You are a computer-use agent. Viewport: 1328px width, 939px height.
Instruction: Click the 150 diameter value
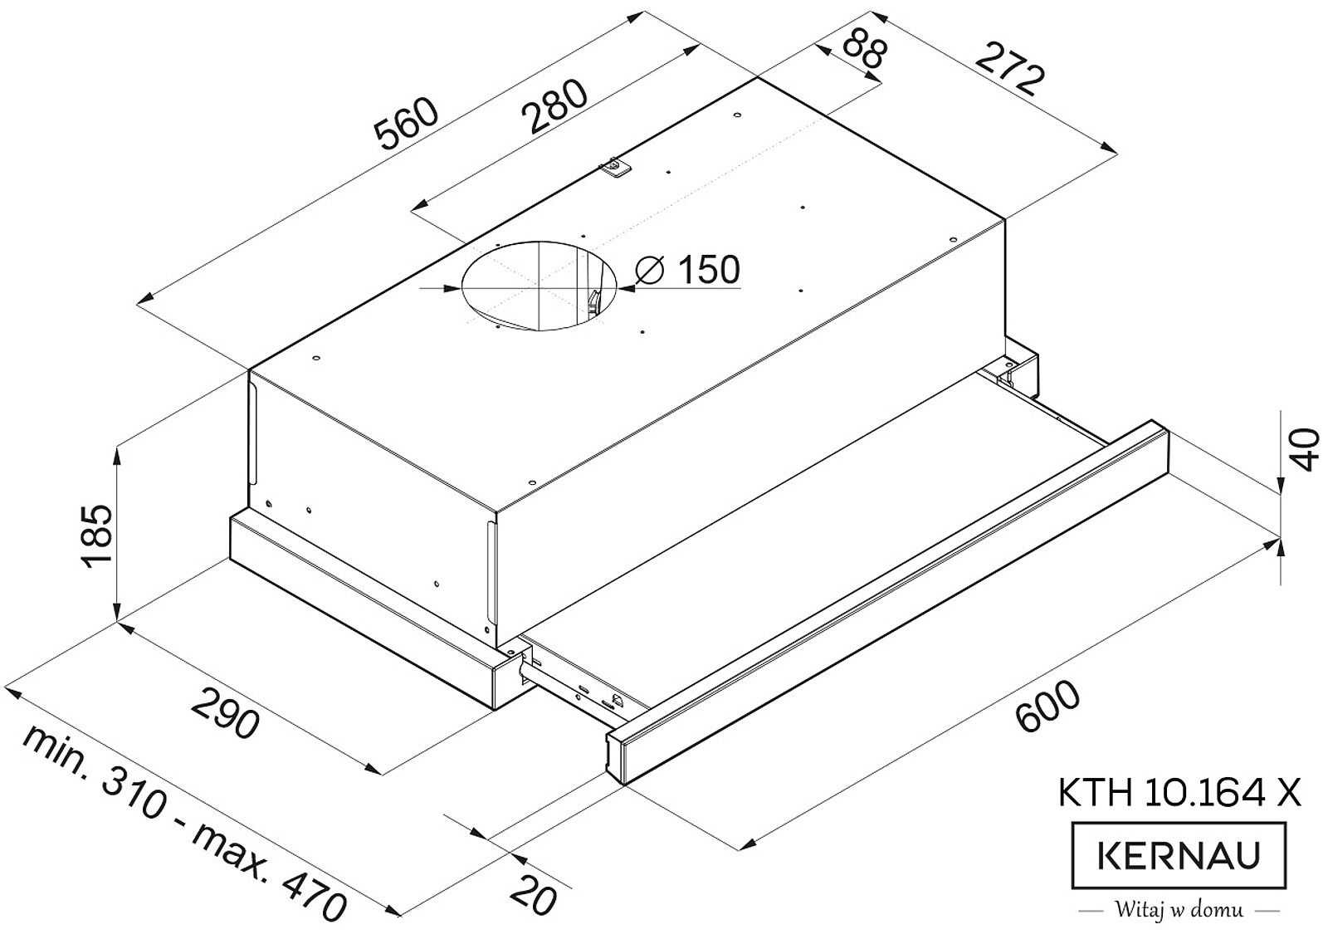click(709, 270)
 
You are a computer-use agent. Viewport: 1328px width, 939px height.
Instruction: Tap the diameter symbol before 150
click(648, 271)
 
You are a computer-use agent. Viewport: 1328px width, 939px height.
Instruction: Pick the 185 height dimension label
click(95, 536)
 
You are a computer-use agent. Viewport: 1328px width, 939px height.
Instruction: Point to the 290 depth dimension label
click(226, 712)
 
